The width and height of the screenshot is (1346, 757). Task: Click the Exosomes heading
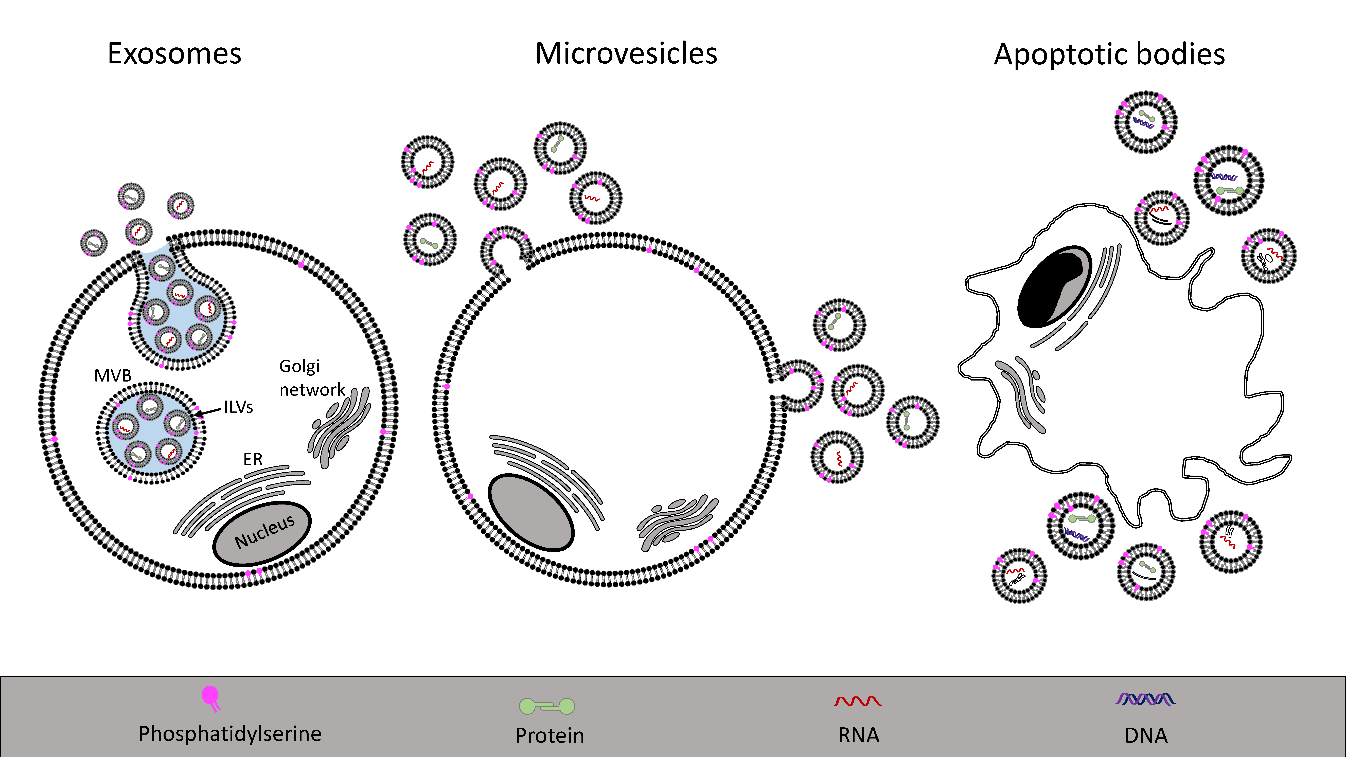coord(174,54)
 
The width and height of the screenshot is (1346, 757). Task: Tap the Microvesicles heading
coord(626,54)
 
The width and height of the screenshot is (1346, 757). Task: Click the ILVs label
coord(238,407)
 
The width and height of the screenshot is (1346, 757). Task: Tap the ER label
coord(253,459)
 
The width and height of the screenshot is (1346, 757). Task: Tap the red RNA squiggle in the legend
coord(857,701)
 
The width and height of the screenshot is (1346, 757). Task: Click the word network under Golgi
coord(312,390)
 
